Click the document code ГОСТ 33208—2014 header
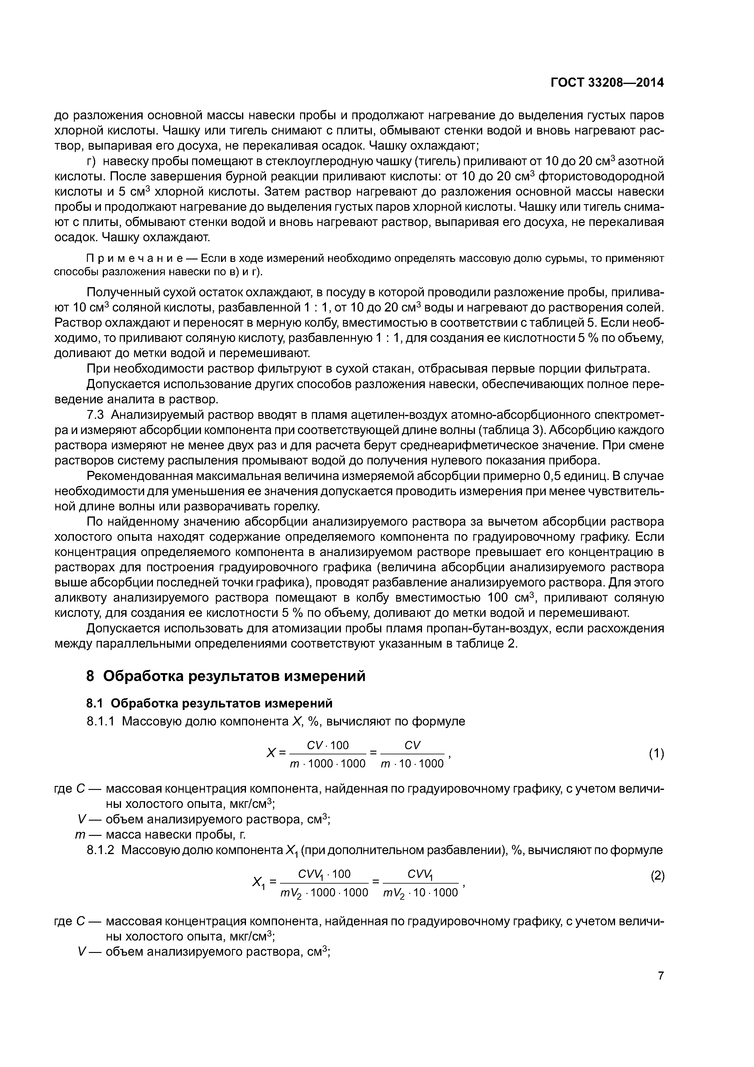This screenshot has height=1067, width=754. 607,83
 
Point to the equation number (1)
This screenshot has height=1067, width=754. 656,754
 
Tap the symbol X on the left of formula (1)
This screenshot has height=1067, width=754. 271,753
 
